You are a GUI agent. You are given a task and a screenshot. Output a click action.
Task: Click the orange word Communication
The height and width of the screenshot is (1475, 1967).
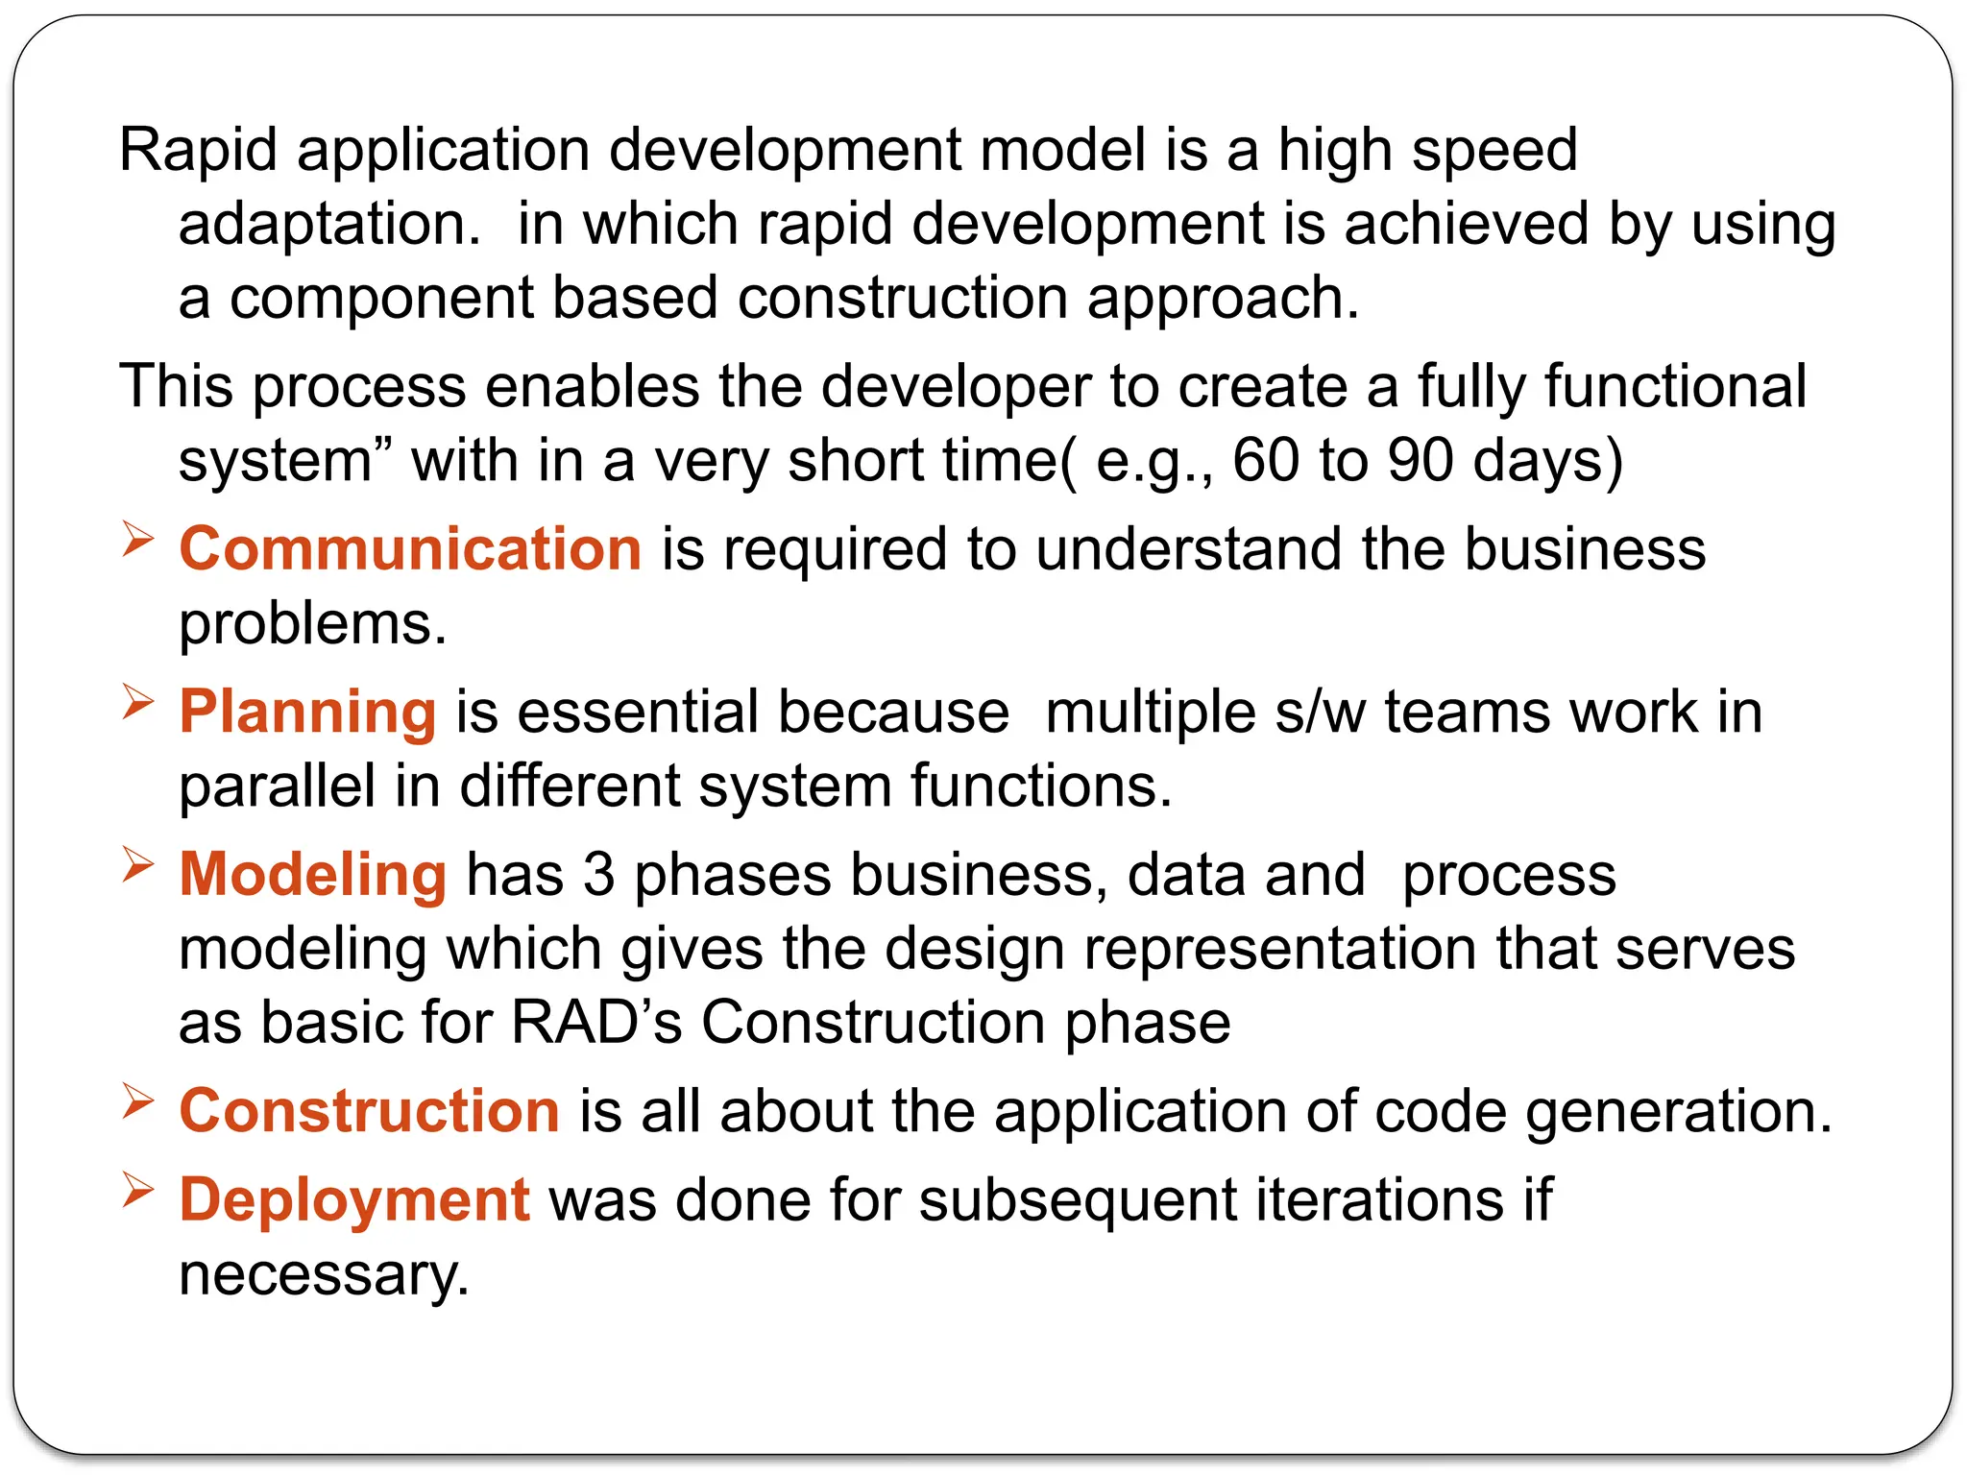[x=410, y=549]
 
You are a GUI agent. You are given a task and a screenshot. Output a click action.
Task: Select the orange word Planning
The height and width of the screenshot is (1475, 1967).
[x=307, y=713]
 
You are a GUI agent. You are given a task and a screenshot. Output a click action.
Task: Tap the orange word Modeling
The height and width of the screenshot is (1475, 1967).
[x=313, y=875]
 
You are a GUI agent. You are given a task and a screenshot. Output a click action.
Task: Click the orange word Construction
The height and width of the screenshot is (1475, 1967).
[x=369, y=1111]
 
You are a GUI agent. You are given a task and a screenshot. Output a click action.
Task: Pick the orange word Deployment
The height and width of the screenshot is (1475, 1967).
[x=354, y=1200]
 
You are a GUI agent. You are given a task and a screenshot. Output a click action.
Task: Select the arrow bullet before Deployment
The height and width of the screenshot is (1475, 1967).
[x=138, y=1191]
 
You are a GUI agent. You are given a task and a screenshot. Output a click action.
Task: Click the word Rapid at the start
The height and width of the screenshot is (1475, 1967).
[x=198, y=151]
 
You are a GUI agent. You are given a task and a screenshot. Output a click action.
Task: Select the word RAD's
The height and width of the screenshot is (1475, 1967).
[x=596, y=1022]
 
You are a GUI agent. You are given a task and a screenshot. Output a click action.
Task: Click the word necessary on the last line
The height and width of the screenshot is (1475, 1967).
[x=324, y=1275]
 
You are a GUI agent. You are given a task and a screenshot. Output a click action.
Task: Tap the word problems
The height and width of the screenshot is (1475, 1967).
[x=313, y=624]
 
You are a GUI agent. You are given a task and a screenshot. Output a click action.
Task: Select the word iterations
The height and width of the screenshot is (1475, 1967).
[x=1380, y=1200]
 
